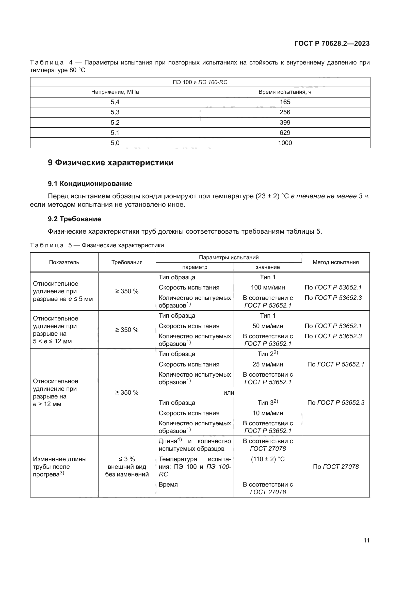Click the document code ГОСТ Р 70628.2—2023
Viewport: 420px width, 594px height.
tap(332, 43)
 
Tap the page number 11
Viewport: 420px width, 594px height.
tap(366, 540)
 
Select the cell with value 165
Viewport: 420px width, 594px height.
tap(285, 102)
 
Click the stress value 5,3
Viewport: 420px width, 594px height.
tap(115, 112)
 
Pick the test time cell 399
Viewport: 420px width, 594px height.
tap(285, 122)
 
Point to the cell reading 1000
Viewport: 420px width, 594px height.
tap(285, 143)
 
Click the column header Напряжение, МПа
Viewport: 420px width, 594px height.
tap(115, 92)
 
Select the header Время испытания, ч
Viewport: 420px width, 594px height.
tap(285, 92)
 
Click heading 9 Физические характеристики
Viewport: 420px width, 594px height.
tap(111, 163)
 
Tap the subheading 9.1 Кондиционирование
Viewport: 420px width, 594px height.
tap(90, 184)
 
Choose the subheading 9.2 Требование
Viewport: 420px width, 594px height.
tap(74, 219)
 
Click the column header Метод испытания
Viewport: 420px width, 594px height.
tap(335, 262)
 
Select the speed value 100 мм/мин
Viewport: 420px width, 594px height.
tap(268, 287)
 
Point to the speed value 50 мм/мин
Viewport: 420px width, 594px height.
tap(268, 326)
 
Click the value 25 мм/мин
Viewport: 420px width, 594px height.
tap(268, 364)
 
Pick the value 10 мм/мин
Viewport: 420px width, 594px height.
tap(268, 413)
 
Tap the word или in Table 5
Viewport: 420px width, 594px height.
tap(229, 393)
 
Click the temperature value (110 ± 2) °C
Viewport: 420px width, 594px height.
tap(268, 459)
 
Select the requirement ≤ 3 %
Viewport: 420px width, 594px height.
tap(127, 459)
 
